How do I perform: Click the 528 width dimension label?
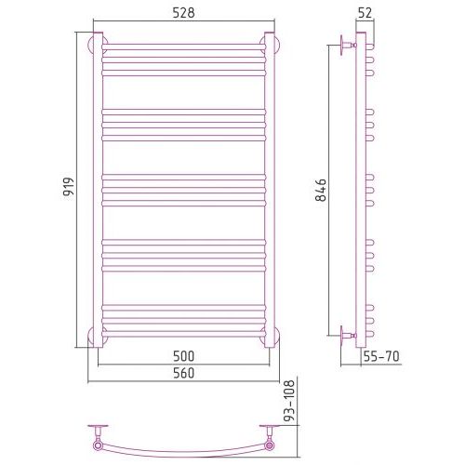pyautogui.click(x=184, y=13)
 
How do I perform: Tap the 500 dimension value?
pyautogui.click(x=184, y=356)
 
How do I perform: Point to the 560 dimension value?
pyautogui.click(x=184, y=373)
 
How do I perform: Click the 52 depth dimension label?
pyautogui.click(x=365, y=13)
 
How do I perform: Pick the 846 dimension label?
pyautogui.click(x=321, y=190)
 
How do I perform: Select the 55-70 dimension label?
pyautogui.click(x=381, y=356)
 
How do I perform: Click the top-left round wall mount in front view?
pyautogui.click(x=98, y=46)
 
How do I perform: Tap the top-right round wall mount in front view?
pyautogui.click(x=270, y=46)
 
